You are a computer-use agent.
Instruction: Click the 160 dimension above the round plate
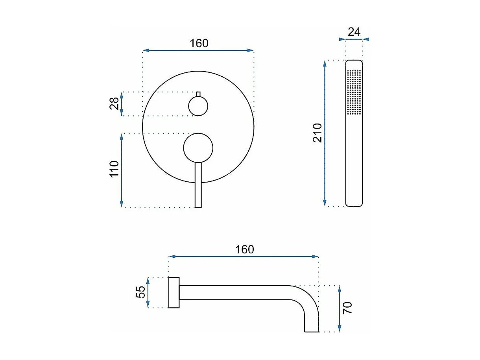click(x=199, y=43)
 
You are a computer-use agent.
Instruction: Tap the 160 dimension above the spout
click(x=244, y=249)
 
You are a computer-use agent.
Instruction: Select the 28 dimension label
click(x=114, y=103)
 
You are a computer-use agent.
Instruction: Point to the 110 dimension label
click(x=114, y=169)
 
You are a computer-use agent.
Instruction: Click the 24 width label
click(x=354, y=32)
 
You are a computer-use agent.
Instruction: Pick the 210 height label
click(x=318, y=133)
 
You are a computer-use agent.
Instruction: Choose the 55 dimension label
click(x=140, y=292)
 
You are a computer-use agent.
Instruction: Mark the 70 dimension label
click(x=347, y=308)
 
